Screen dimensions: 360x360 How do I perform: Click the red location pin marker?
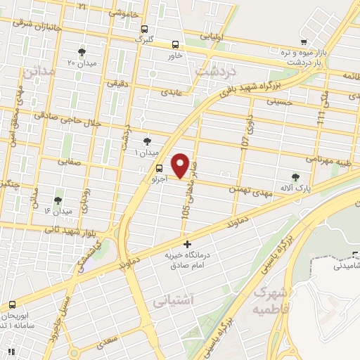pos(181,165)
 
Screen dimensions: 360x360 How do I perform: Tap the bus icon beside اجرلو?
pos(159,168)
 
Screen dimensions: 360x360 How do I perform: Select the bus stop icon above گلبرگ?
pos(144,30)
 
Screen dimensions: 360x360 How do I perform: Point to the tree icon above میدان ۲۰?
pos(82,53)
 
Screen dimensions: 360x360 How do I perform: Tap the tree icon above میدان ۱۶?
pos(58,201)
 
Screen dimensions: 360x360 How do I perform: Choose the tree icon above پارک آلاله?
pos(295,178)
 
